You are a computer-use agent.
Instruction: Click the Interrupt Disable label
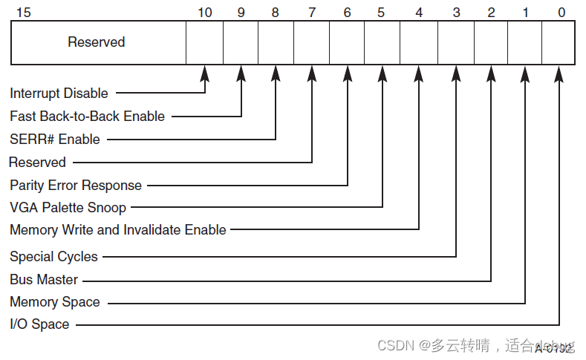coord(59,94)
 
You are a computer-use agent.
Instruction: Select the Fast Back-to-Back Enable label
coord(87,117)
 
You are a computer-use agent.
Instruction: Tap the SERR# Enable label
coord(54,140)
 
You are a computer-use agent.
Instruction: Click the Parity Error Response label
coord(75,185)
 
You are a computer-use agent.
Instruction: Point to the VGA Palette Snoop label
coord(68,208)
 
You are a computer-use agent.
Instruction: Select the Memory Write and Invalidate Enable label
coord(117,230)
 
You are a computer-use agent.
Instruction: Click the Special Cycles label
coord(53,257)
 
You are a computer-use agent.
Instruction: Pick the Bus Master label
coord(43,280)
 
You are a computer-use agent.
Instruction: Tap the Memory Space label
coord(54,302)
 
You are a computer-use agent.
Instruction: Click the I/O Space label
coord(39,324)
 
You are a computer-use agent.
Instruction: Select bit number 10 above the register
coord(205,12)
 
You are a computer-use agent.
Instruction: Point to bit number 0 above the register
coord(561,12)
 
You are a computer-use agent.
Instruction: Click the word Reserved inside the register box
coord(97,42)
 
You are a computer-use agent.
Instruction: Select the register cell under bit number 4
coord(418,42)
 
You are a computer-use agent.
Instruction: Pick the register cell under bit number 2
coord(490,42)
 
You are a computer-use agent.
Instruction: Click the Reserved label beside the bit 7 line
coord(37,163)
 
